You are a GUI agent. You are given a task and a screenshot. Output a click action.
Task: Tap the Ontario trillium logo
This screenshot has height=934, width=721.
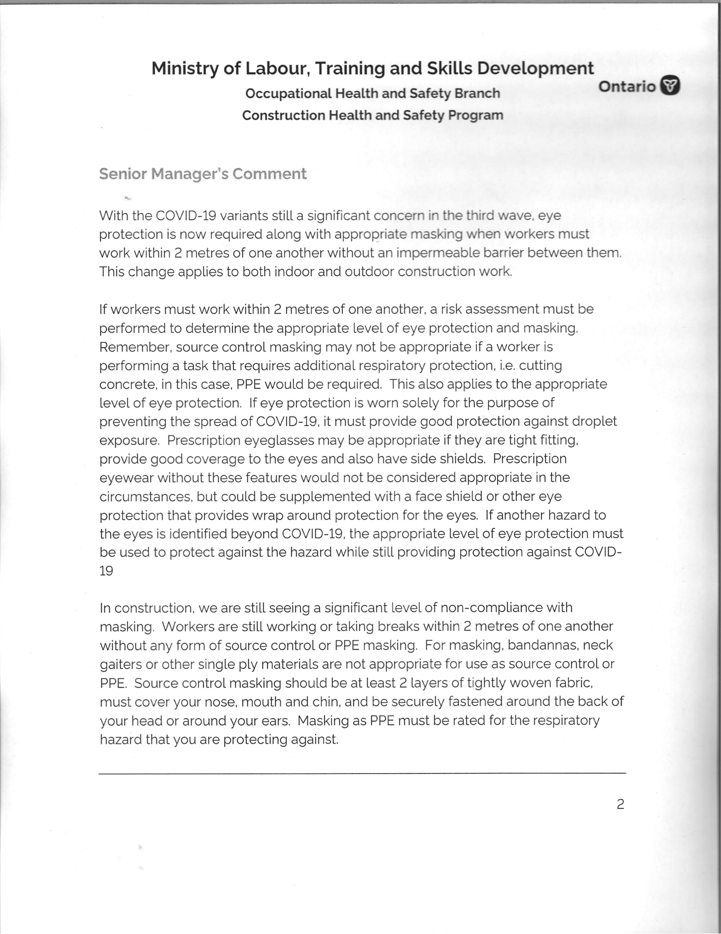[x=670, y=86]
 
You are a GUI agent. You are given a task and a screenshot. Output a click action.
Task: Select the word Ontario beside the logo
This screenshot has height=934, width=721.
[x=627, y=86]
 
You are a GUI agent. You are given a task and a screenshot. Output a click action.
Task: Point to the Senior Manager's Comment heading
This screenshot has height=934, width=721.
[x=203, y=174]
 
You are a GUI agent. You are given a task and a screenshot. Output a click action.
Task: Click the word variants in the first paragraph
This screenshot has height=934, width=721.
[x=246, y=215]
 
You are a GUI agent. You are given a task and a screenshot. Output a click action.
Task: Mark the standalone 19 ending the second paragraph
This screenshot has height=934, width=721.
[x=106, y=571]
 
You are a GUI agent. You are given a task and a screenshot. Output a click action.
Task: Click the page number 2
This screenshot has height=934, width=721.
[x=620, y=804]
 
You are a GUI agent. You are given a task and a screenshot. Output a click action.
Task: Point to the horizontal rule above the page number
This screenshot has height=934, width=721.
[x=362, y=773]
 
